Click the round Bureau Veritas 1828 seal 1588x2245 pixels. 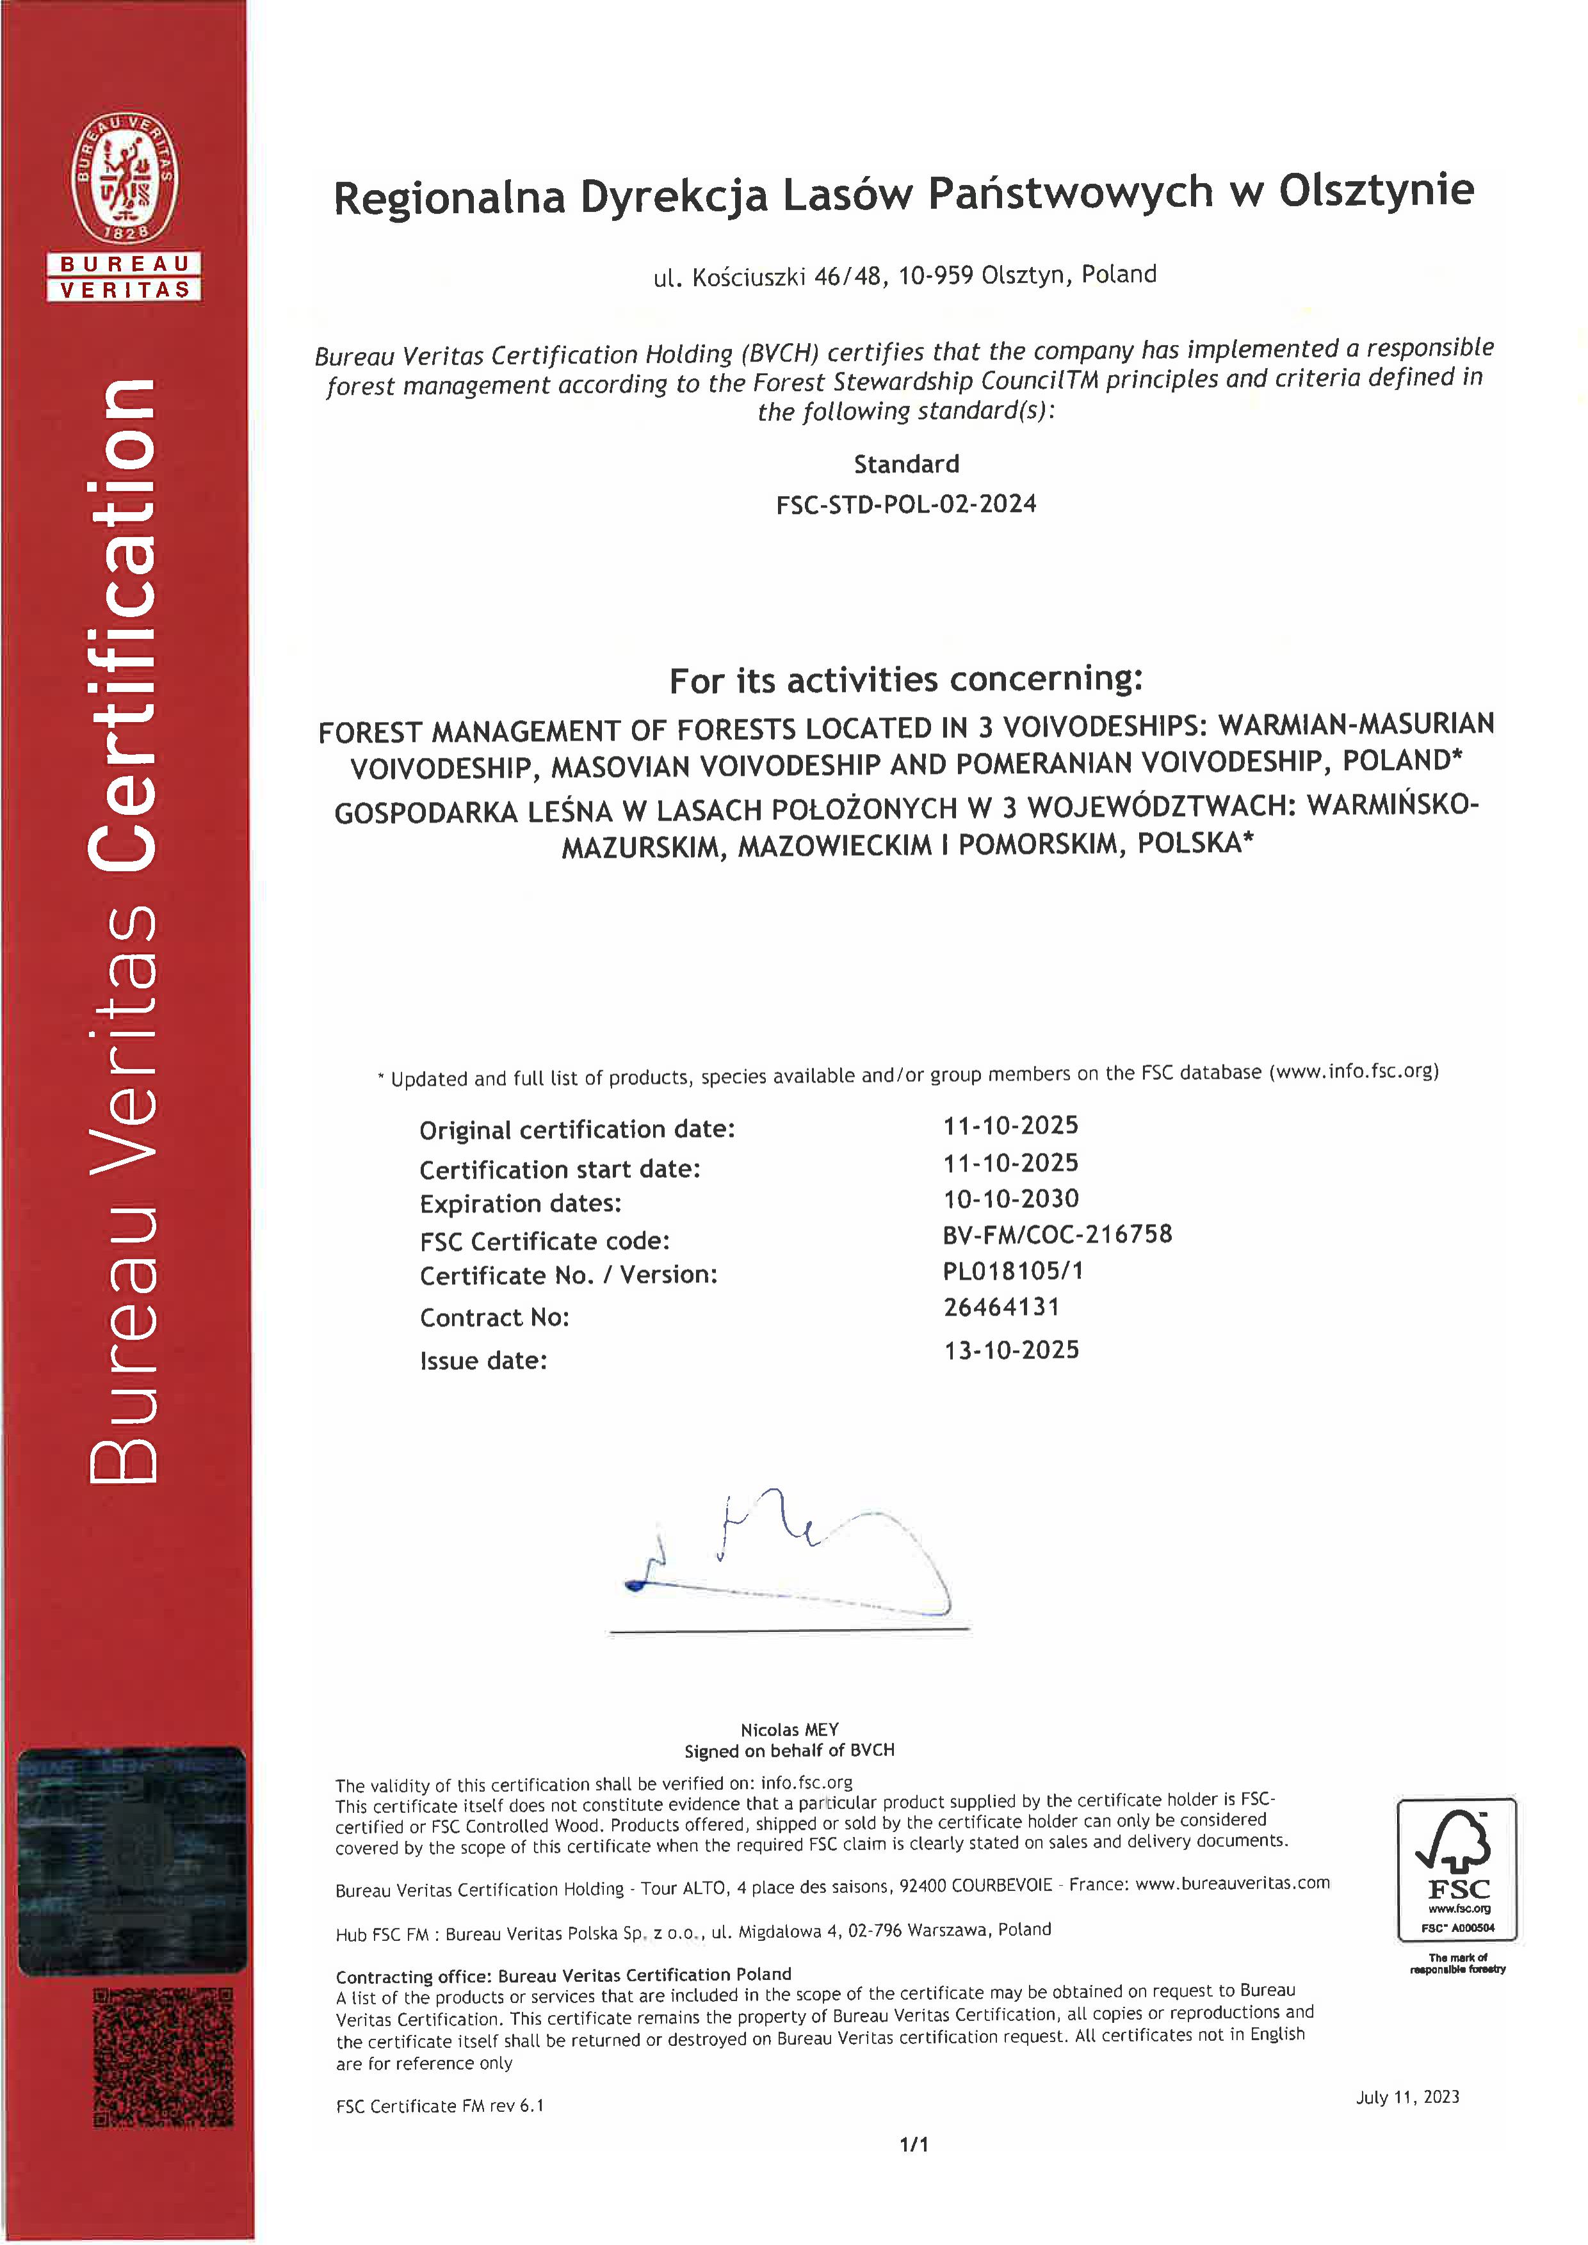pyautogui.click(x=124, y=178)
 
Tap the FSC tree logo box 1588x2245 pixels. pyautogui.click(x=1456, y=1869)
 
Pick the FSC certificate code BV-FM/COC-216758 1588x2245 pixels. pyautogui.click(x=1056, y=1235)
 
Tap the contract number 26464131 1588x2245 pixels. pyautogui.click(x=1001, y=1307)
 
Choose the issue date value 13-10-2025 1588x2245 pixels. pyautogui.click(x=1011, y=1350)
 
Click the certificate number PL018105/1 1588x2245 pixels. pyautogui.click(x=1012, y=1271)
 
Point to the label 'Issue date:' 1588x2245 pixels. pyautogui.click(x=483, y=1360)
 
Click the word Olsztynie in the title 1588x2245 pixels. pyautogui.click(x=1376, y=191)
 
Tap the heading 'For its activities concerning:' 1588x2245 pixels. pyautogui.click(x=905, y=680)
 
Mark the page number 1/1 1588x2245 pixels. pyautogui.click(x=913, y=2144)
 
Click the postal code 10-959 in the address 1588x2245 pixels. pyautogui.click(x=936, y=276)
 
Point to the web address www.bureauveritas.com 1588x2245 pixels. pyautogui.click(x=1232, y=1883)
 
